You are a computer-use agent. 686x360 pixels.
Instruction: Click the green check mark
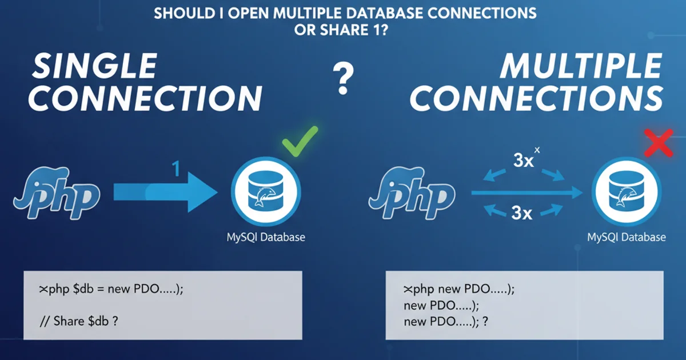point(300,140)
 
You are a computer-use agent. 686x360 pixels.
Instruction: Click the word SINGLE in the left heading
point(94,67)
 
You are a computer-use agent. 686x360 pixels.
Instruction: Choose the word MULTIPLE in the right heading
point(580,67)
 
